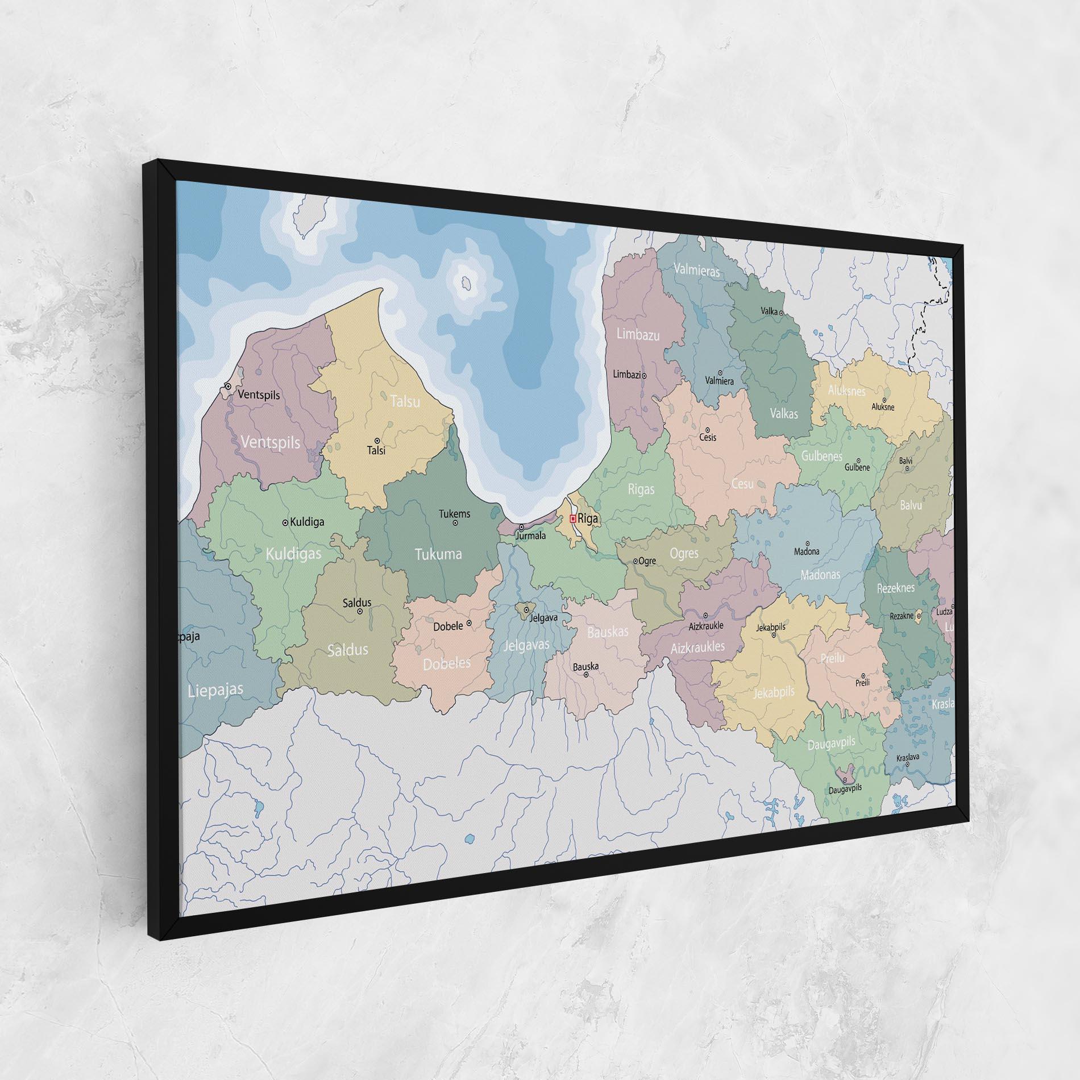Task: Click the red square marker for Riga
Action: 573,518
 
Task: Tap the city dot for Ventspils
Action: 228,386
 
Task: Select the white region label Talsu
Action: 405,401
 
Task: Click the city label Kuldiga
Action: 307,522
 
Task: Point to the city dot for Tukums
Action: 455,523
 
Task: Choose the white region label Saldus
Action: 348,649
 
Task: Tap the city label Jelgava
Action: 543,617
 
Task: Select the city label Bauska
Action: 585,666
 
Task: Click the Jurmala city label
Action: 530,536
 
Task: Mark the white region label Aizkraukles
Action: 697,647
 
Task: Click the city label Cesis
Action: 708,438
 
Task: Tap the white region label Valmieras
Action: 697,271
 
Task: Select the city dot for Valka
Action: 782,313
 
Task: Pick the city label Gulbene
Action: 857,467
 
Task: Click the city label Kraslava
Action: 907,758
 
